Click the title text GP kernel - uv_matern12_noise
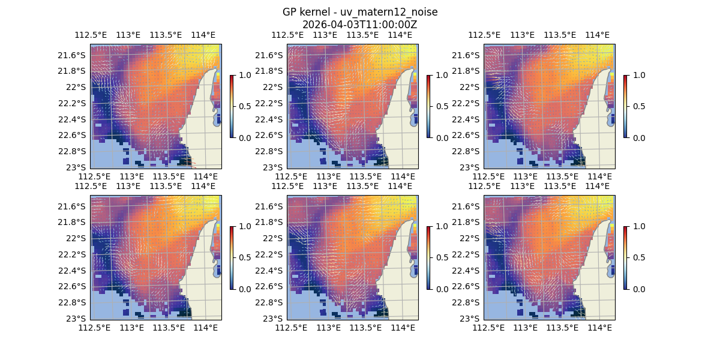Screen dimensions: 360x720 tap(359, 13)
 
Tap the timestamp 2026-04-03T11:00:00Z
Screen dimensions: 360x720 tap(359, 25)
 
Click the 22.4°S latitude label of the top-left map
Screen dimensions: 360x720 tap(74, 119)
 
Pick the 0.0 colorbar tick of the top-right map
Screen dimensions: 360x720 tap(638, 137)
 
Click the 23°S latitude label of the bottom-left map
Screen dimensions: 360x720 tap(78, 318)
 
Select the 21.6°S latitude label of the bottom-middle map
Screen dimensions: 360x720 tap(271, 206)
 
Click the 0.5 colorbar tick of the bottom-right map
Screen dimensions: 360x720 tap(638, 257)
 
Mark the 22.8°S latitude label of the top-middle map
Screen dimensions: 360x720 tap(271, 151)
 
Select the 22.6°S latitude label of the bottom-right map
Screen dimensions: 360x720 tap(467, 286)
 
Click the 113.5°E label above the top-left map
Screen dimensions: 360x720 tap(166, 35)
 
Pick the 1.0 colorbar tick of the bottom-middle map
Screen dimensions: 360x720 tap(441, 226)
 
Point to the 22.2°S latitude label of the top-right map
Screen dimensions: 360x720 tap(467, 103)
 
